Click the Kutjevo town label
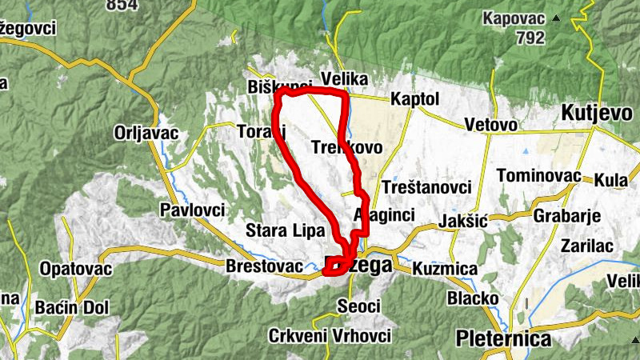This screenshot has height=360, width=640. [597, 113]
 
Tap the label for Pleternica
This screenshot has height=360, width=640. [503, 339]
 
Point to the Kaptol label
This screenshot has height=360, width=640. [415, 99]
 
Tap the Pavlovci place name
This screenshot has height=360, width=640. [192, 210]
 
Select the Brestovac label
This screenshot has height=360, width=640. [265, 266]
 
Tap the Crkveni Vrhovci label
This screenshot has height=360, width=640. [330, 335]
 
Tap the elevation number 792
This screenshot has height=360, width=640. [530, 38]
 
